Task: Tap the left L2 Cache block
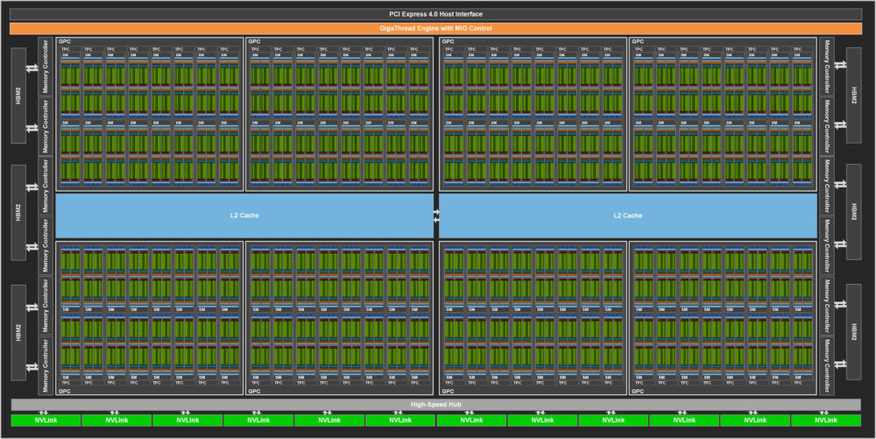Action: pos(244,215)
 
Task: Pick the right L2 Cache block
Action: pos(628,215)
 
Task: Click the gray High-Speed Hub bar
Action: pos(435,404)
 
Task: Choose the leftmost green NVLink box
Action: pos(45,421)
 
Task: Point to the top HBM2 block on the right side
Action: pos(851,96)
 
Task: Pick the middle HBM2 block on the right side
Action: pos(851,212)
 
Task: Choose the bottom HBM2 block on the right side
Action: pos(851,331)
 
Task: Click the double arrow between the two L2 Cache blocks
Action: pos(435,215)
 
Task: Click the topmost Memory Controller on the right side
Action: pos(826,66)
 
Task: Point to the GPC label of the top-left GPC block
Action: pos(63,41)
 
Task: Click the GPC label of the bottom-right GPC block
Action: pos(638,391)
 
